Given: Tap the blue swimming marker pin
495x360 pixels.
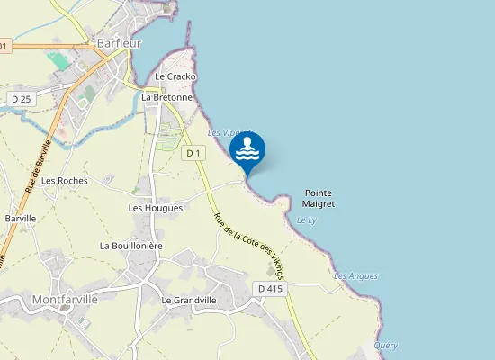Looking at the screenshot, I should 247,151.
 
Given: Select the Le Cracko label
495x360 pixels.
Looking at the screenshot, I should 175,77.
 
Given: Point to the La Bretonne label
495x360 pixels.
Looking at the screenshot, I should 174,97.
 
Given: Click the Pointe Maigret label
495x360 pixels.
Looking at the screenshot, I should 319,198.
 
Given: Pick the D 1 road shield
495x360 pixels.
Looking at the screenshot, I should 193,154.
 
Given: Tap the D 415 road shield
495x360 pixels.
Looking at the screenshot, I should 270,289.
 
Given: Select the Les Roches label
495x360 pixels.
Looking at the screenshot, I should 64,180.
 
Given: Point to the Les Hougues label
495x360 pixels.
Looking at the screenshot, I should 156,208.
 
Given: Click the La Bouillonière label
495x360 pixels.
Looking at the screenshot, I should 130,245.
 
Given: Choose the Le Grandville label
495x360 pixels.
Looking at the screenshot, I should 189,300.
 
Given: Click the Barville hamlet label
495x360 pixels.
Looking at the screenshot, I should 21,219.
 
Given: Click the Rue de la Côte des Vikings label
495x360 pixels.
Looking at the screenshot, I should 255,244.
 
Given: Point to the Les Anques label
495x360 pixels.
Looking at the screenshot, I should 355,275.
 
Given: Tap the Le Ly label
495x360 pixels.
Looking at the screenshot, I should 306,220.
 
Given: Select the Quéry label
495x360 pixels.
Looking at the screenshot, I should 385,346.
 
